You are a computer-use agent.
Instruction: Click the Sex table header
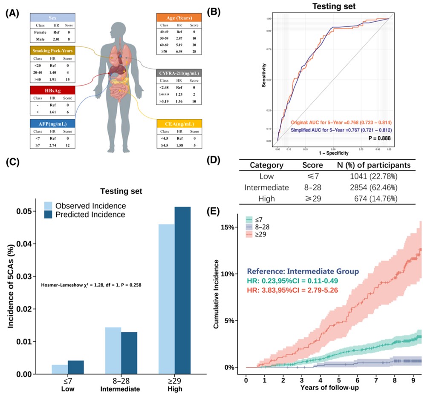[53, 17]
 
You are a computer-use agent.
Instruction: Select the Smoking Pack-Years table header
[53, 50]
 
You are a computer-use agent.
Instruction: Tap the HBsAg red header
[53, 90]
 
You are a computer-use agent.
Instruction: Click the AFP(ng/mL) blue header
[53, 123]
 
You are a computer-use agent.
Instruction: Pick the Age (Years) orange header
[179, 17]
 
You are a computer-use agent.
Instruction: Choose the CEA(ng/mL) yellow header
[179, 124]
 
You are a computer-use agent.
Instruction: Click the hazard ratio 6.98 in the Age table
[179, 51]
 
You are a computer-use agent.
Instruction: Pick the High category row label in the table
[266, 198]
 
